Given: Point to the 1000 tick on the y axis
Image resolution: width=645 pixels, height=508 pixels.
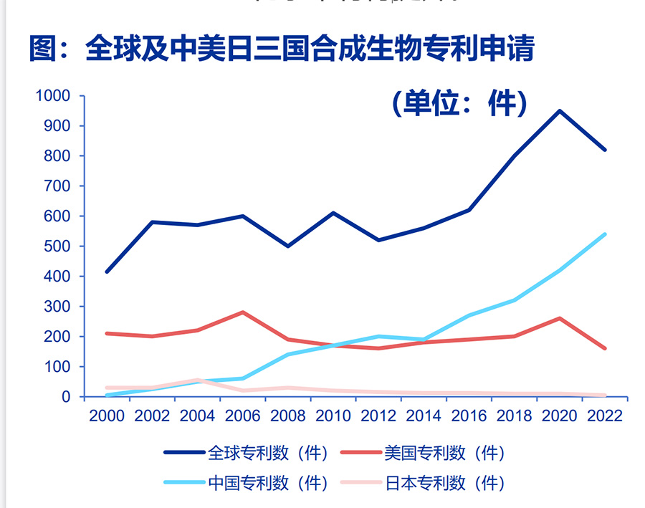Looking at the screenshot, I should pos(54,96).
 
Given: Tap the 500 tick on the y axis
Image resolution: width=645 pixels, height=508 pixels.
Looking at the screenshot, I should pos(59,246).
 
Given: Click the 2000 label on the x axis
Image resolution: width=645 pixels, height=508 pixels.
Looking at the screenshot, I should pos(106,416).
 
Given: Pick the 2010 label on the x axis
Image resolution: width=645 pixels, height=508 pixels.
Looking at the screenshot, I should pos(333,416).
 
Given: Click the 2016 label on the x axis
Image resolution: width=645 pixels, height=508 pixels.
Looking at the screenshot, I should pos(469,416).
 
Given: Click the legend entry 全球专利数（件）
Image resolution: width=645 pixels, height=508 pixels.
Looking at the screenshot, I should pos(247,453).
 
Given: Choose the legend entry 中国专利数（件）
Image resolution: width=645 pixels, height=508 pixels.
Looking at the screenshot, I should pos(247,483).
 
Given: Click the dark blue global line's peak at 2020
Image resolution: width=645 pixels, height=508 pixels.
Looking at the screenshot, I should pos(560,111).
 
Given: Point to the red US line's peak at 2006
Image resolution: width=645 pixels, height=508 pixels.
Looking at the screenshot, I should pos(242,312).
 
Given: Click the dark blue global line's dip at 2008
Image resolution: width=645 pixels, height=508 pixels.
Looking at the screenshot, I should pos(287,246).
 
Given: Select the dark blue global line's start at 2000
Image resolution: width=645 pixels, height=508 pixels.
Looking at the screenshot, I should pos(106,272).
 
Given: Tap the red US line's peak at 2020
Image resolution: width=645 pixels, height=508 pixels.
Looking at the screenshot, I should pos(560,318).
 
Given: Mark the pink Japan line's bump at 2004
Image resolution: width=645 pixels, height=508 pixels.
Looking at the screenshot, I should pos(197,380).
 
